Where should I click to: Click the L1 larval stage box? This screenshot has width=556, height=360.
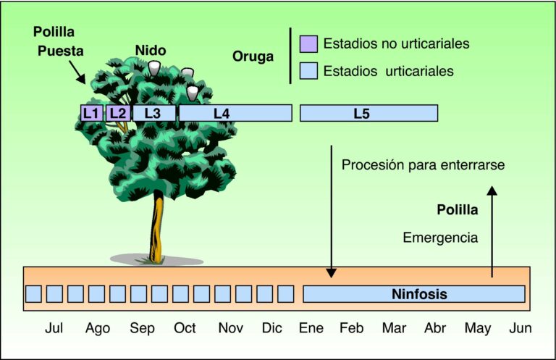pos(91,113)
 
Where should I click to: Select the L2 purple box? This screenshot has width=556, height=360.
pos(118,113)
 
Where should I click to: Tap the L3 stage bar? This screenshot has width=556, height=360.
pos(153,113)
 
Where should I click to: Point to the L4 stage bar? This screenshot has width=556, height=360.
pos(235,113)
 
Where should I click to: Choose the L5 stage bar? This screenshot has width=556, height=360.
pos(368,113)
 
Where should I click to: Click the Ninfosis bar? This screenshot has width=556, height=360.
pos(413,294)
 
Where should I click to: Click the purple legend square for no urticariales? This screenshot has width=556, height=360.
pos(308,43)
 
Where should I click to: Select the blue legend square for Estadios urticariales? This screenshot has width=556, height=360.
pos(308,71)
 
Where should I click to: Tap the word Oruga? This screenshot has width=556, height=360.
pos(253,56)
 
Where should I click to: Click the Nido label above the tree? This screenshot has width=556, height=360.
pos(151,51)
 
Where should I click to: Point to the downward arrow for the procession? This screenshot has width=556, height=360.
pos(331,210)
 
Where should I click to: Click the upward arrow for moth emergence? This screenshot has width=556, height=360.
pos(492,232)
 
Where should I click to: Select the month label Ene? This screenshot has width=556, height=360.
pos(311,328)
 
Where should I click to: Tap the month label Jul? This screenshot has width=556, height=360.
pos(54,328)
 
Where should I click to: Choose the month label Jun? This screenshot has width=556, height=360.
pos(521,328)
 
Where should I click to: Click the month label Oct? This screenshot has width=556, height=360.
pos(185,328)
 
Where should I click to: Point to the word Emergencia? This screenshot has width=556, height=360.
pos(440,237)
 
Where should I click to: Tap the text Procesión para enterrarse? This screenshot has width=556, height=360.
pos(423,165)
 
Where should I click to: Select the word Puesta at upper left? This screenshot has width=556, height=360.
pos(61,51)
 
